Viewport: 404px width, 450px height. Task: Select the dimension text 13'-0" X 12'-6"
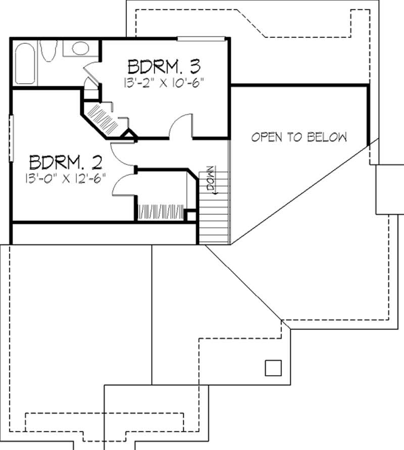point(66,178)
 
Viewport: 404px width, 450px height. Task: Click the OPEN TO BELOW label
point(299,137)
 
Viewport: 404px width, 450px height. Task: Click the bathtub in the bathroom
point(25,64)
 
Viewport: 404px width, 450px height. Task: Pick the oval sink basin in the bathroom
point(80,48)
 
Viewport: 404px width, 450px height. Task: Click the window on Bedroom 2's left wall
point(11,139)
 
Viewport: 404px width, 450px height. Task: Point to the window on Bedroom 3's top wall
point(200,38)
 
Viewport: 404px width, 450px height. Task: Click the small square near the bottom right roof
point(273,368)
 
